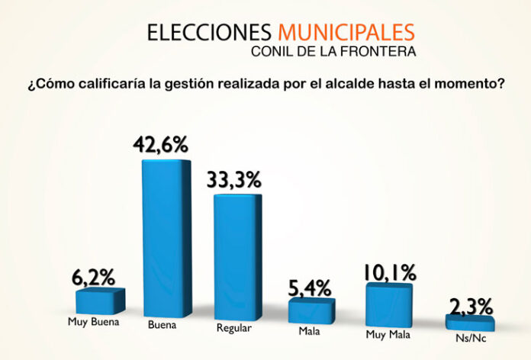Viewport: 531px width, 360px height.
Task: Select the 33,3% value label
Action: pyautogui.click(x=234, y=179)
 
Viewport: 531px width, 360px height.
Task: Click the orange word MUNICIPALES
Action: pyautogui.click(x=347, y=33)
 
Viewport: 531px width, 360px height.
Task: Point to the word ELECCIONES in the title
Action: pyautogui.click(x=209, y=33)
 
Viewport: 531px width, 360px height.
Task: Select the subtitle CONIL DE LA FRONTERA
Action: pyautogui.click(x=333, y=53)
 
